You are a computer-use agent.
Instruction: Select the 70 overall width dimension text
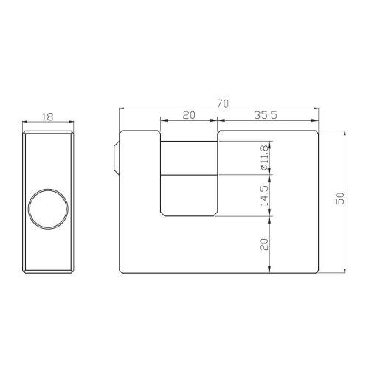[x=221, y=104]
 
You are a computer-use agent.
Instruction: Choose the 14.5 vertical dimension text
[x=265, y=196]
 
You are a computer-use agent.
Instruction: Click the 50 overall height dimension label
[x=339, y=201]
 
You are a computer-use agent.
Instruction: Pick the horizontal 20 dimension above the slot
[x=189, y=115]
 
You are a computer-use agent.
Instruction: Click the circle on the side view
[x=46, y=207]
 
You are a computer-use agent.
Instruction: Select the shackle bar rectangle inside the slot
[x=189, y=157]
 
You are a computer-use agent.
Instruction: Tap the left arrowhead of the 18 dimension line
[x=24, y=122]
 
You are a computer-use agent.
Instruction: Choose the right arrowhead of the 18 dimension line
[x=71, y=122]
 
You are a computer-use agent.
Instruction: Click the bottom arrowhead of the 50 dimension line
[x=345, y=270]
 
